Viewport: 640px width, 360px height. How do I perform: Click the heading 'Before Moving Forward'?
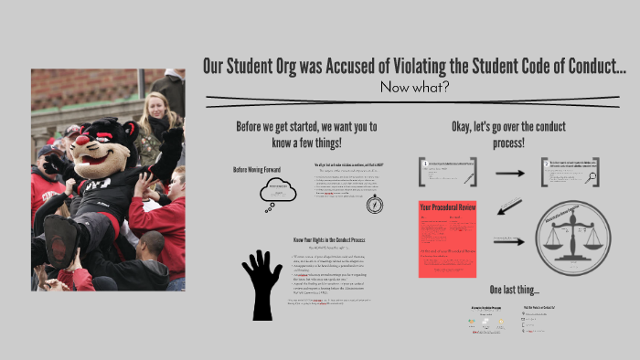tap(259, 170)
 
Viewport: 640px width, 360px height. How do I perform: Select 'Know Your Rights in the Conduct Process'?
tap(326, 239)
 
